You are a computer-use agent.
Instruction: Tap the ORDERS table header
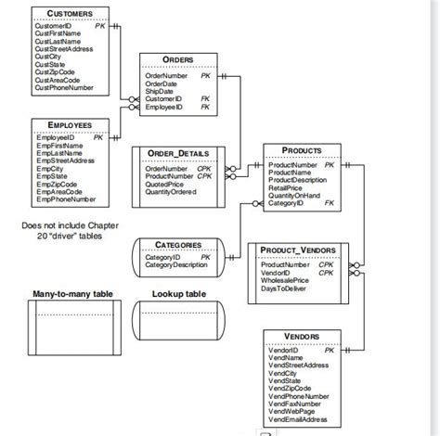(177, 60)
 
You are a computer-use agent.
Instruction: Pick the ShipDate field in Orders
(160, 91)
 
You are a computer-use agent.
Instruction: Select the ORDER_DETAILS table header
(179, 153)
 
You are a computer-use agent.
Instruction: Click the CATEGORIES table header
(177, 245)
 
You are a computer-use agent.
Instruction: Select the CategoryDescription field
(176, 265)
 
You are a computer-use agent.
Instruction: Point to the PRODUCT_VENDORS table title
(298, 250)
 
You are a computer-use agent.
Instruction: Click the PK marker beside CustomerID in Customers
(100, 26)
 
